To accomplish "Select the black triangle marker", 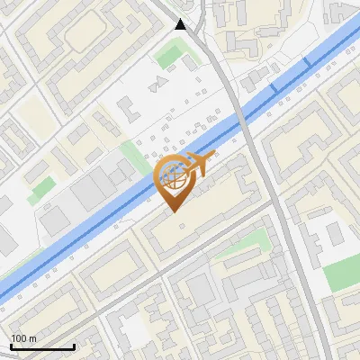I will click(181, 25).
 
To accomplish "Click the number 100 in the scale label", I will click(19, 338).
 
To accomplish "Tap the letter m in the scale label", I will click(32, 338).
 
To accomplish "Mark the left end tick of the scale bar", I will click(10, 346).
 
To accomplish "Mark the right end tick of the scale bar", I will click(73, 346).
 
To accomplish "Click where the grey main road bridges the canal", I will click(245, 120).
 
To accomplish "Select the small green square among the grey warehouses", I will click(40, 190).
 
